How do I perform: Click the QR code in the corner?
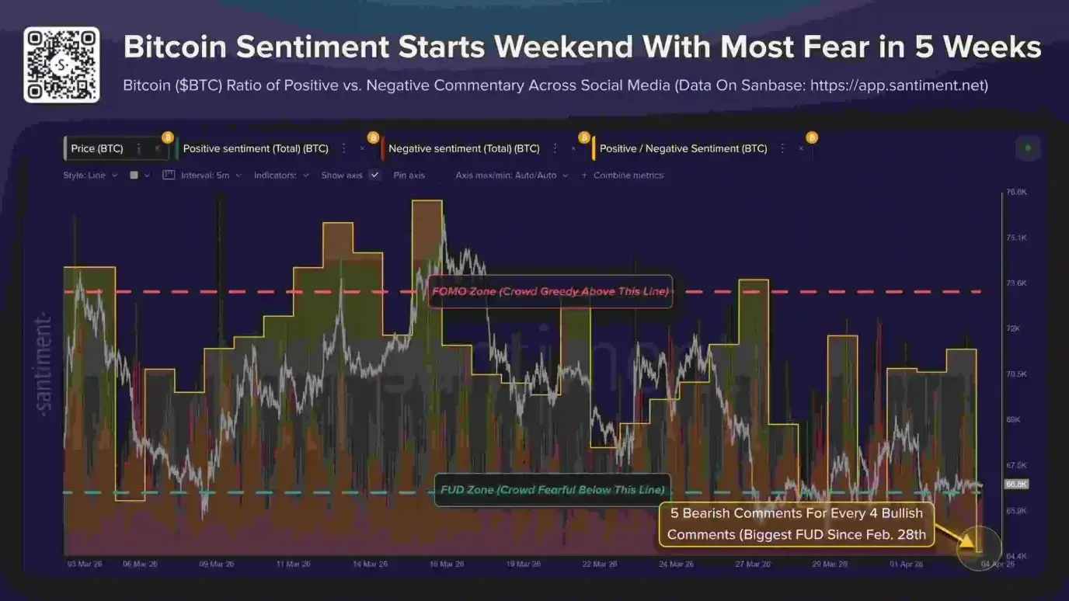point(61,64)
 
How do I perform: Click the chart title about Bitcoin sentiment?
point(582,47)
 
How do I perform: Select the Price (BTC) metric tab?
point(97,148)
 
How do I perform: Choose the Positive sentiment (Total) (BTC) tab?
point(256,148)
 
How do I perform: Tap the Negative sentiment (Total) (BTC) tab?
point(464,148)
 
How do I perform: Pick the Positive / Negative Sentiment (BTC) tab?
point(683,148)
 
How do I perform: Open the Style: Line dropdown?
point(90,175)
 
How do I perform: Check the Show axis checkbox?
point(374,175)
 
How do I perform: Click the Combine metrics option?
point(628,175)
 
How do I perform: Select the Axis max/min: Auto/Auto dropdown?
point(512,175)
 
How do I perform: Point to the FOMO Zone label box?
point(550,291)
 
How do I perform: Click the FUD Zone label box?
point(552,490)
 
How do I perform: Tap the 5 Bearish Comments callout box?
point(796,524)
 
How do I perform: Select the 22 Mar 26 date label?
point(600,565)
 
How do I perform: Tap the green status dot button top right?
point(1028,148)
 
